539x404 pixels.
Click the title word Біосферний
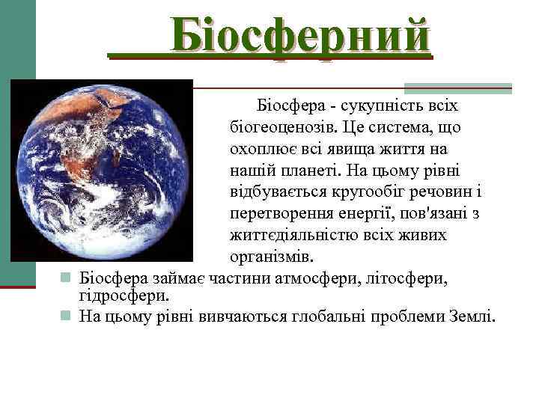tap(300, 36)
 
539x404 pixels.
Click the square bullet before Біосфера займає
tap(66, 279)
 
